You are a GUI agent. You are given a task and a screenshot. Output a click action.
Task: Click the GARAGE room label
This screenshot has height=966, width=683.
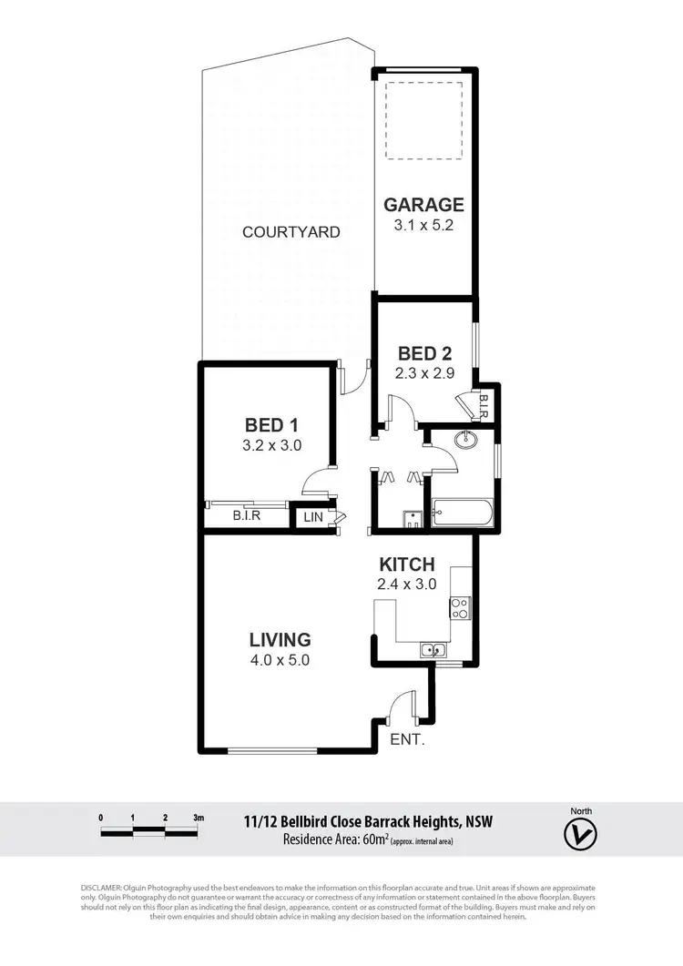(423, 204)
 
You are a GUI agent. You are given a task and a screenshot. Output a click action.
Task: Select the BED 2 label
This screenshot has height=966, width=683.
(425, 354)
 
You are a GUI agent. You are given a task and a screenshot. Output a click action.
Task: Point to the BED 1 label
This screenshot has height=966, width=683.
(272, 424)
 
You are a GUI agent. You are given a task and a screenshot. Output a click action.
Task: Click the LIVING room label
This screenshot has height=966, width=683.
(281, 639)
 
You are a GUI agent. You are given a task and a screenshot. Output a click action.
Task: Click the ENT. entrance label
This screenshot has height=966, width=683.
(407, 739)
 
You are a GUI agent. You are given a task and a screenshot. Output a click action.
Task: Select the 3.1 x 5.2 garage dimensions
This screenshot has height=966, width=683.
(423, 224)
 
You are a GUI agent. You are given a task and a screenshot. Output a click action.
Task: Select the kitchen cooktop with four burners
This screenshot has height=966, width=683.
(459, 607)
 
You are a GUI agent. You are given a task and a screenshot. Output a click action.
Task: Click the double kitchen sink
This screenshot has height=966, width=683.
(432, 649)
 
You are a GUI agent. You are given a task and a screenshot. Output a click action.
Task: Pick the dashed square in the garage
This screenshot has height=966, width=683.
(424, 118)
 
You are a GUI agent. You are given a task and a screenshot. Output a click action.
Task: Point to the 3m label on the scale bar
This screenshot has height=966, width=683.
(199, 818)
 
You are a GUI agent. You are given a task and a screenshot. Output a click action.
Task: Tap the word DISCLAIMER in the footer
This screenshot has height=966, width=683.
(107, 887)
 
